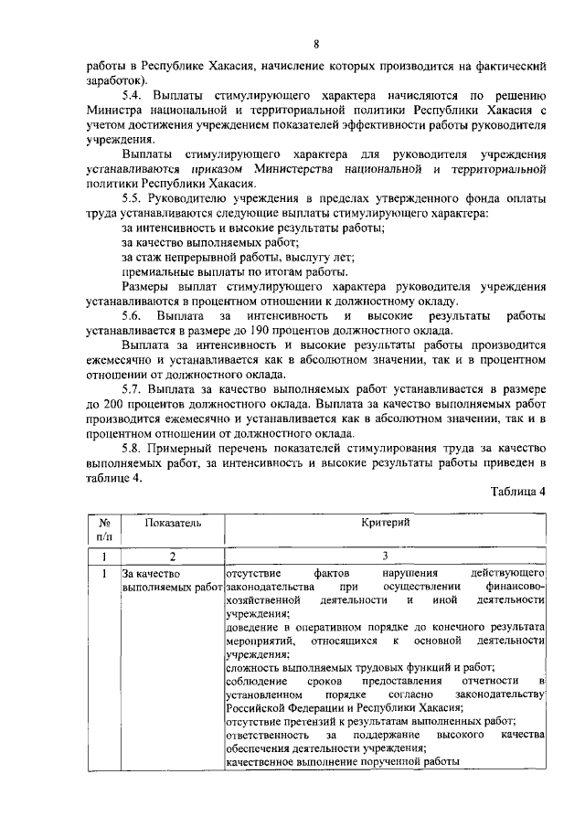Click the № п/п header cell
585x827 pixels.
click(104, 530)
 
